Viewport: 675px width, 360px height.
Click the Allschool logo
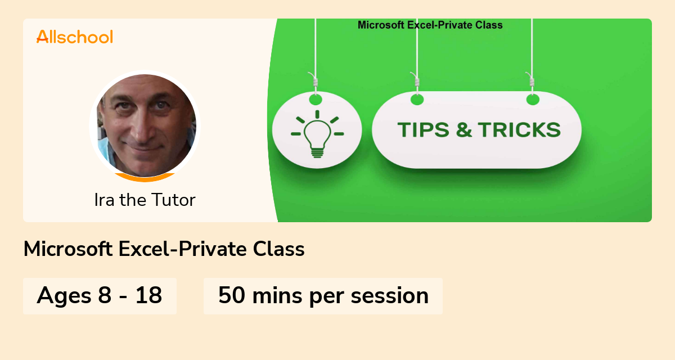coord(74,37)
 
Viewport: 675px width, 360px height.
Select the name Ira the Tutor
coord(145,200)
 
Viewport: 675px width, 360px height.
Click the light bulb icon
coord(317,134)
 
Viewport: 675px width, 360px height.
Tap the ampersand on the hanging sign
coord(465,130)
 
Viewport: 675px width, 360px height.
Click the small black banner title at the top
coord(430,25)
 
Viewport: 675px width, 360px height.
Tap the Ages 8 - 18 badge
coord(100,295)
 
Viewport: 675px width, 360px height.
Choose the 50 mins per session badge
coord(323,295)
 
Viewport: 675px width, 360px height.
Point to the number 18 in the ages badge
coord(148,295)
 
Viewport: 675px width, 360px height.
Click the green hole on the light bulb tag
coord(316,100)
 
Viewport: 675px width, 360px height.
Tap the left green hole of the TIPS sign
coord(417,100)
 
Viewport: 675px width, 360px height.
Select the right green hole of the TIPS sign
coord(533,100)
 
